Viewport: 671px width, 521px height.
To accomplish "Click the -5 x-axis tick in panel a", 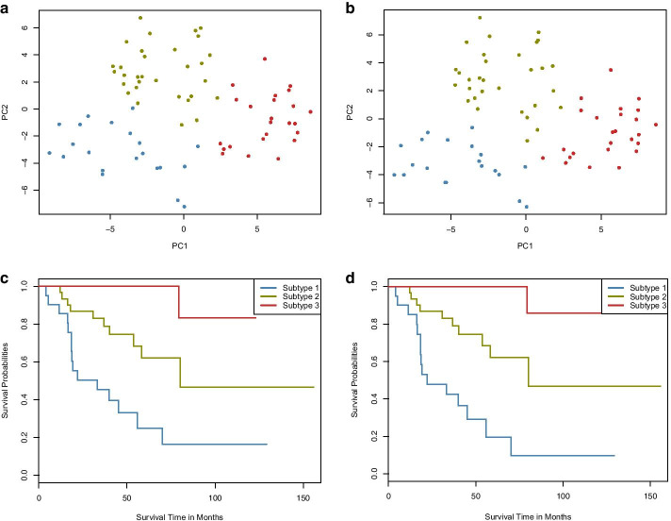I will pyautogui.click(x=110, y=227).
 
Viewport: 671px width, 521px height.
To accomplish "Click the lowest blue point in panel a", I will pyautogui.click(x=184, y=206).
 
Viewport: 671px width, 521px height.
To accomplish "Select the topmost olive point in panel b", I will pyautogui.click(x=480, y=18).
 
